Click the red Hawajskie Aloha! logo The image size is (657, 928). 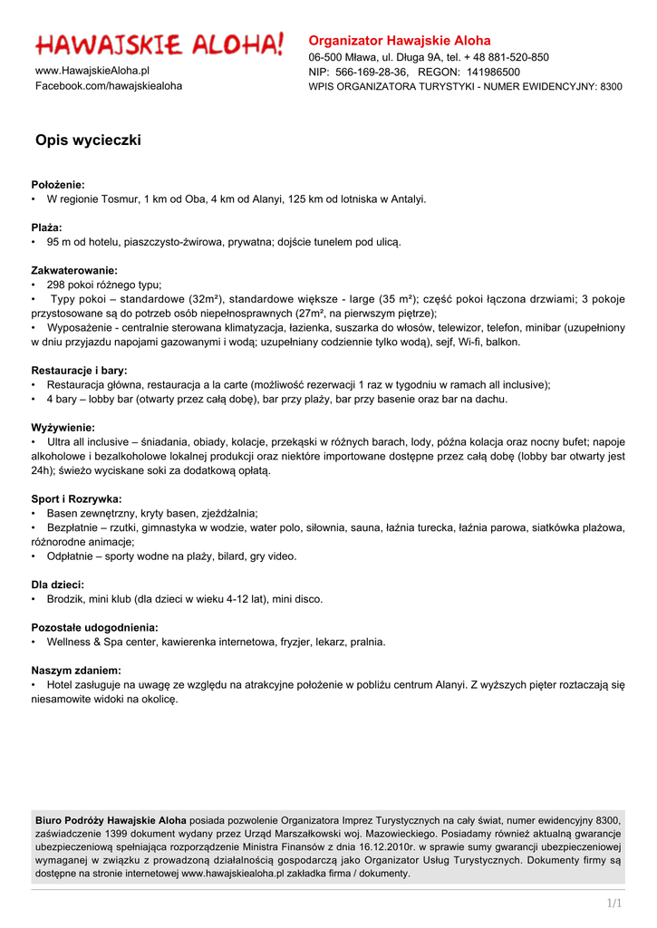[x=159, y=43]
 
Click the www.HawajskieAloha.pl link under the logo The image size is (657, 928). [x=92, y=70]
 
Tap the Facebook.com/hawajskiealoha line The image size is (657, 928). [x=109, y=85]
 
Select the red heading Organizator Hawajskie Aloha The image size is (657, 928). [x=400, y=40]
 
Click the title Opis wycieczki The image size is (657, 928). [x=88, y=140]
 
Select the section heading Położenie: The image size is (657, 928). [x=58, y=184]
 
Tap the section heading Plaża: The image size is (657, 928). [x=47, y=227]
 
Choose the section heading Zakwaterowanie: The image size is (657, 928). [x=74, y=270]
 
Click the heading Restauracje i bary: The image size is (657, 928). [x=80, y=370]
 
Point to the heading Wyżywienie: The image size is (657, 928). [x=63, y=427]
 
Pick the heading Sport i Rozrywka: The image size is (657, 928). [x=77, y=498]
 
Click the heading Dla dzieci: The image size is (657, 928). [x=58, y=585]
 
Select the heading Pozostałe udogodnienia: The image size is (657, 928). [x=95, y=627]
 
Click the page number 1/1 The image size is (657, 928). [x=614, y=904]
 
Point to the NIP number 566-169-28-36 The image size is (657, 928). [x=371, y=72]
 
